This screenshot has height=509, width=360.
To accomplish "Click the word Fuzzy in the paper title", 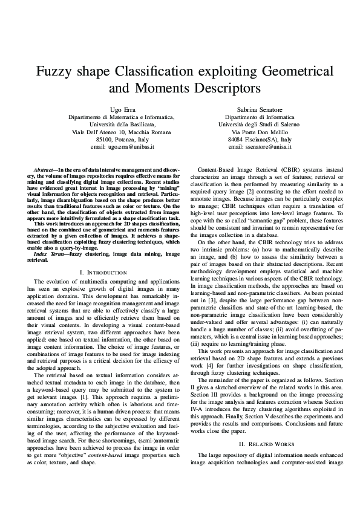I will click(54, 71).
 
